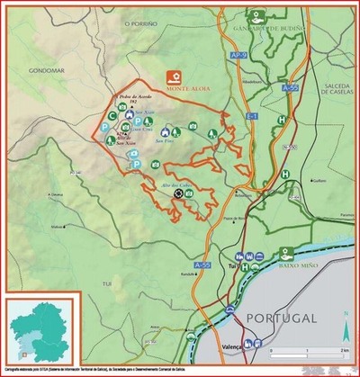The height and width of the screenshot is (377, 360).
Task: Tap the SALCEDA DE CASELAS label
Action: pos(337,88)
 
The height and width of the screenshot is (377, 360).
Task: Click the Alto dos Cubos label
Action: pos(177,184)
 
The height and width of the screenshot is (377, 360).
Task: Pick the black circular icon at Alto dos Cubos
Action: pos(177,193)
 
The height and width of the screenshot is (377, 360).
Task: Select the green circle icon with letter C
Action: pos(112,115)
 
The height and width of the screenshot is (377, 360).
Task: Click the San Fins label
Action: pos(166,141)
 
